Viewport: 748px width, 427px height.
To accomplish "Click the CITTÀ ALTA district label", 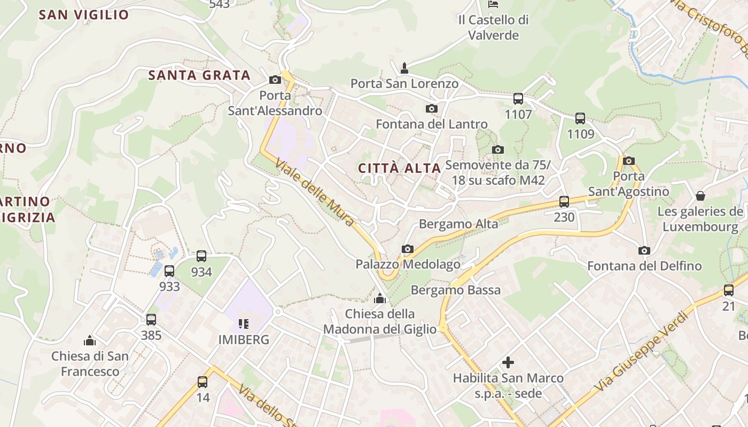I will click(x=399, y=168).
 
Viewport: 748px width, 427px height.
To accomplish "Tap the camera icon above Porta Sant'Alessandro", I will click(x=275, y=80).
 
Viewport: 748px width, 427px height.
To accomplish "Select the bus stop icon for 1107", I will click(x=518, y=99).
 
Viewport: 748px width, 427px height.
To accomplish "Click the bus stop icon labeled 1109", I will click(x=580, y=118).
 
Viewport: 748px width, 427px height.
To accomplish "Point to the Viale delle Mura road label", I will click(x=315, y=192).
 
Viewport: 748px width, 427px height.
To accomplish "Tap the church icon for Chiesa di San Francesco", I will click(x=90, y=341).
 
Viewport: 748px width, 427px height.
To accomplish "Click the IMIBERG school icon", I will click(x=244, y=323).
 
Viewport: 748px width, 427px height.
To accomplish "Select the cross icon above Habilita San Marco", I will click(x=508, y=363).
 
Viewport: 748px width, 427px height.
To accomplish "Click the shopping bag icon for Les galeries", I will click(x=700, y=196).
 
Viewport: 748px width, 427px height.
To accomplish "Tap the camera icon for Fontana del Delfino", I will click(x=644, y=250).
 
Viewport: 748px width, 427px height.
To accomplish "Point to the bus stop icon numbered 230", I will click(x=564, y=202).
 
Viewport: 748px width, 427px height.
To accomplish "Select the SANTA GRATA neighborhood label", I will click(x=199, y=75).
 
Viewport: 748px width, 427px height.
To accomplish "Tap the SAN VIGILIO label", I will click(x=84, y=15).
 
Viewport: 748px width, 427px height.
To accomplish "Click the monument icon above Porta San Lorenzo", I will click(x=404, y=68).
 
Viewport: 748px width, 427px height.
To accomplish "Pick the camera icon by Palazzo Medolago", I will click(x=408, y=249).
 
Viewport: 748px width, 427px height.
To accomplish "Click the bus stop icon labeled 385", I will click(x=151, y=320).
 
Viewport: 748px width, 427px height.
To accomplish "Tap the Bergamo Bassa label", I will click(x=455, y=290).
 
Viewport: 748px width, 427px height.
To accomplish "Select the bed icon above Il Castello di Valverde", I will click(x=493, y=4).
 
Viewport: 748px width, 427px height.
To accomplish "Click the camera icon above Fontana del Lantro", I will click(x=431, y=109).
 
